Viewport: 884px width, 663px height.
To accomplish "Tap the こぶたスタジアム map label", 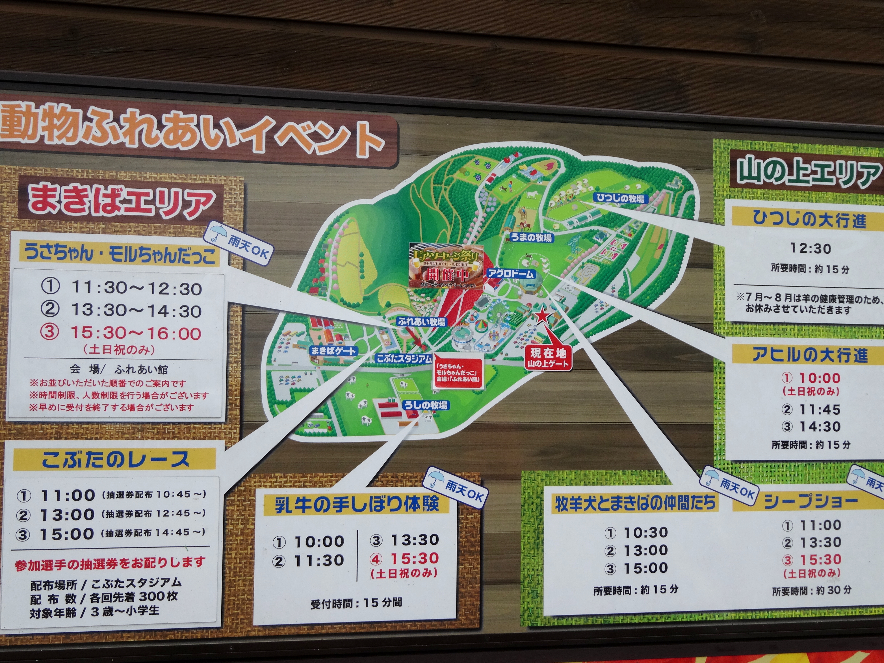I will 404,358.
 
